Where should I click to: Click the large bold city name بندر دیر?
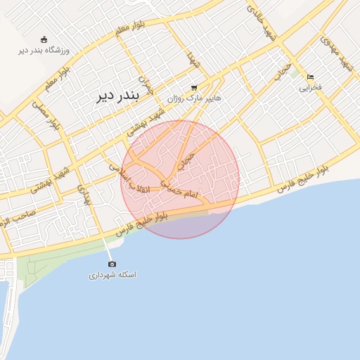(x=128, y=97)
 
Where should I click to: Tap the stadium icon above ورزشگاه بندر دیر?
(x=45, y=39)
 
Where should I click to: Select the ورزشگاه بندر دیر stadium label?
(x=45, y=51)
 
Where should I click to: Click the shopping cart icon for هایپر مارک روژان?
(x=193, y=88)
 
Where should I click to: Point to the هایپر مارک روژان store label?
(x=194, y=98)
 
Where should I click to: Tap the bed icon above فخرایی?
(x=310, y=77)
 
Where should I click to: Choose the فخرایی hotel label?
(x=310, y=88)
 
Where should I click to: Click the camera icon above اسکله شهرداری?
(x=112, y=264)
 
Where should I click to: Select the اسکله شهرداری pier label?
(x=112, y=275)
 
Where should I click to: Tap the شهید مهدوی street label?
(x=335, y=53)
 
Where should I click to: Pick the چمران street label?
(x=145, y=85)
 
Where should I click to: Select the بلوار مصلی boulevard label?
(x=43, y=115)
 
